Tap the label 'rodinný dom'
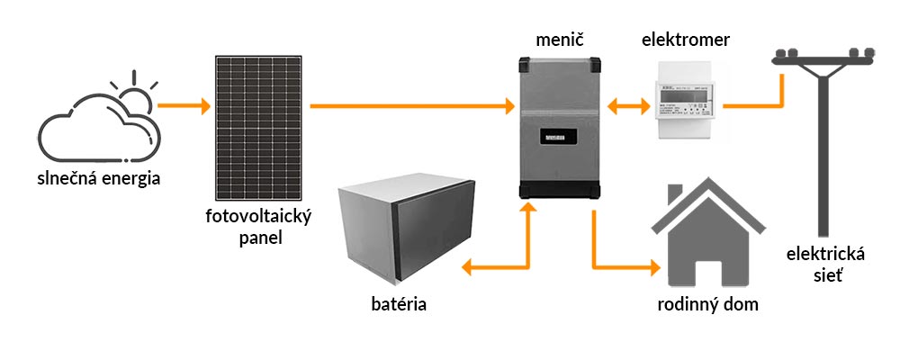pyautogui.click(x=706, y=303)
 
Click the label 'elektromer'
pyautogui.click(x=687, y=40)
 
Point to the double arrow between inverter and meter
pyautogui.click(x=628, y=107)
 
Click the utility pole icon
pyautogui.click(x=823, y=135)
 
